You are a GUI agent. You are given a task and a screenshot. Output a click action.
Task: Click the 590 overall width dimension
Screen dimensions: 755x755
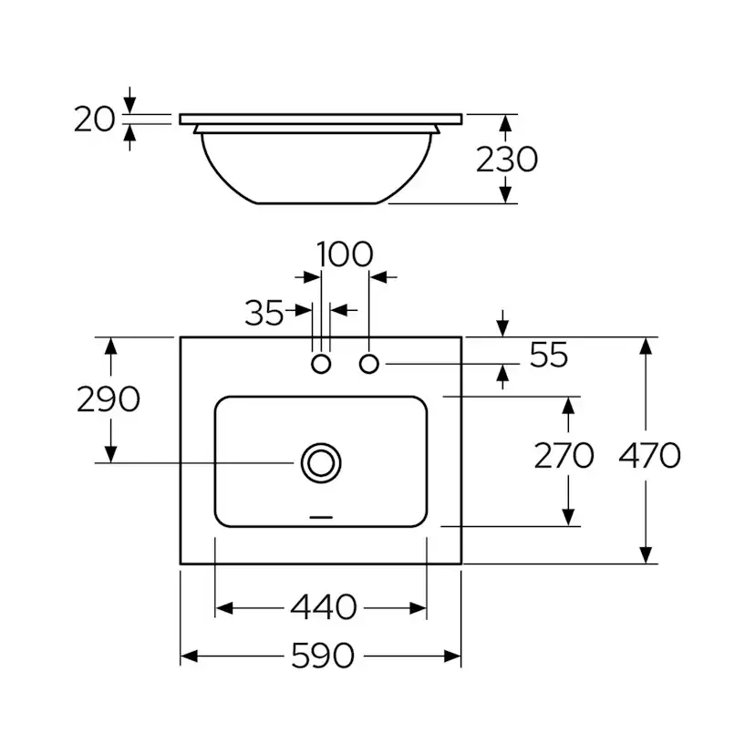click(x=323, y=656)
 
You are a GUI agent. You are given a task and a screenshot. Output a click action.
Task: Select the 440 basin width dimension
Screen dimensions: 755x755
click(x=323, y=607)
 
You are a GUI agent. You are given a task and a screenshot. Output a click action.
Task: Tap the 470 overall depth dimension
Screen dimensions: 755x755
click(x=649, y=456)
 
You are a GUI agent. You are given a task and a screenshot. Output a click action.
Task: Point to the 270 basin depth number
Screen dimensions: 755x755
click(x=564, y=456)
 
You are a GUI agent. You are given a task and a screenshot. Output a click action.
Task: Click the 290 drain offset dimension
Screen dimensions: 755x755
click(x=109, y=399)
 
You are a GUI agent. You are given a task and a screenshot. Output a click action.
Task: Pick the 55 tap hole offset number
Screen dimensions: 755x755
click(x=549, y=355)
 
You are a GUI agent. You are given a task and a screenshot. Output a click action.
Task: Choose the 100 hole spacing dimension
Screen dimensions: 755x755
click(x=345, y=253)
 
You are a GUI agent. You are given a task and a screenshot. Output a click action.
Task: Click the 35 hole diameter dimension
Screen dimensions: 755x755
click(x=264, y=313)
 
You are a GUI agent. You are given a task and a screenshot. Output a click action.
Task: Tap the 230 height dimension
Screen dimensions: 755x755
click(x=507, y=160)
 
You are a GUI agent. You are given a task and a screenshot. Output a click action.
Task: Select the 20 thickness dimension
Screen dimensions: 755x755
click(x=95, y=119)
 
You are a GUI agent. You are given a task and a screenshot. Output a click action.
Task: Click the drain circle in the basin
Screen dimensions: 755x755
click(x=321, y=462)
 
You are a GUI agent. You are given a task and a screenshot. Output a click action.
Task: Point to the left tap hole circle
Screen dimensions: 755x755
click(x=321, y=364)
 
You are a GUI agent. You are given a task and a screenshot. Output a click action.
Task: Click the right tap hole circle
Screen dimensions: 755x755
click(x=368, y=364)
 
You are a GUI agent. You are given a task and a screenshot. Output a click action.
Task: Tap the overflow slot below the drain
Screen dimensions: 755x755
click(x=321, y=517)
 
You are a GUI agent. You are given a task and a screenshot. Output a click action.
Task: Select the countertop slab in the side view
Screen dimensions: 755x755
click(x=321, y=119)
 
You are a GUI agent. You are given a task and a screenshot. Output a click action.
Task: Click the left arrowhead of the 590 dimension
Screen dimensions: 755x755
click(x=189, y=656)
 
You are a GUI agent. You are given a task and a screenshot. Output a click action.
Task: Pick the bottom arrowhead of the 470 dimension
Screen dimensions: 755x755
click(x=646, y=555)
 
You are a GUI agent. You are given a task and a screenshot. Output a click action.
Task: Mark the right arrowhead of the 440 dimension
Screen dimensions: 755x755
click(x=418, y=608)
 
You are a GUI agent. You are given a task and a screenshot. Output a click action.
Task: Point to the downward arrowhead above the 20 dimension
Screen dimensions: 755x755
click(x=129, y=105)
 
